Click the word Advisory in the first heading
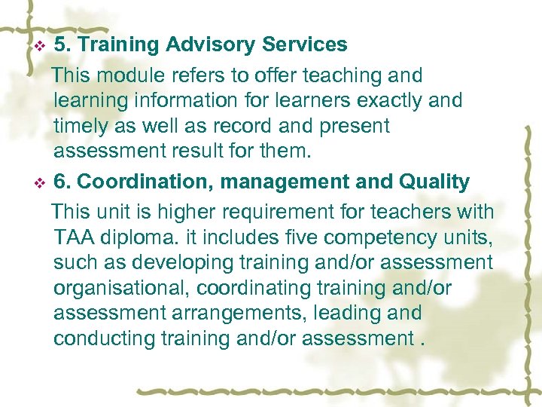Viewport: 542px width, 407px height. pos(211,45)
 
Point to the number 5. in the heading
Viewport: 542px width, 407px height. pos(63,45)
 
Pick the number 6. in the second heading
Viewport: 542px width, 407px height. pos(63,182)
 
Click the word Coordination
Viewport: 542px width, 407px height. pos(136,182)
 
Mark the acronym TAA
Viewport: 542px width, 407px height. pos(73,237)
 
